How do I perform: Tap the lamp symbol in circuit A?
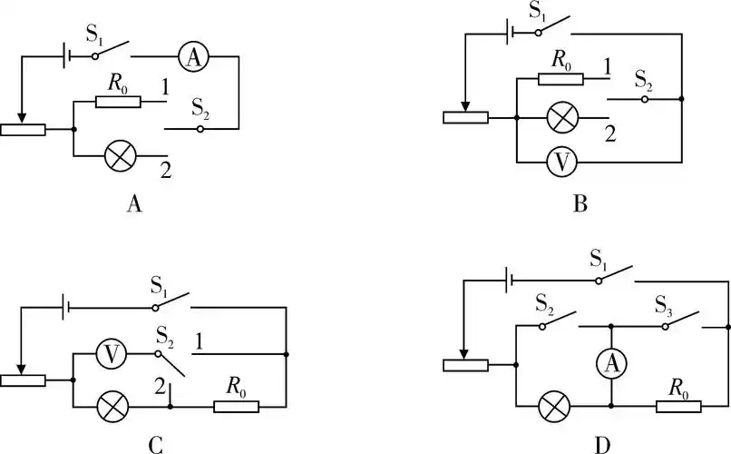(x=120, y=156)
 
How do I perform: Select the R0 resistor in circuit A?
(x=119, y=102)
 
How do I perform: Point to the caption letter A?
(x=133, y=204)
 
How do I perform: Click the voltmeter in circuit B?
(x=563, y=163)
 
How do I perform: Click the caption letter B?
(x=581, y=204)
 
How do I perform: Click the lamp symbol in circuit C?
(x=111, y=406)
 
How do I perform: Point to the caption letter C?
(x=155, y=444)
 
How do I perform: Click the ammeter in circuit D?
(x=612, y=364)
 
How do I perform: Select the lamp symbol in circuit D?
(x=552, y=406)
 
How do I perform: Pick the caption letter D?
(x=603, y=444)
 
